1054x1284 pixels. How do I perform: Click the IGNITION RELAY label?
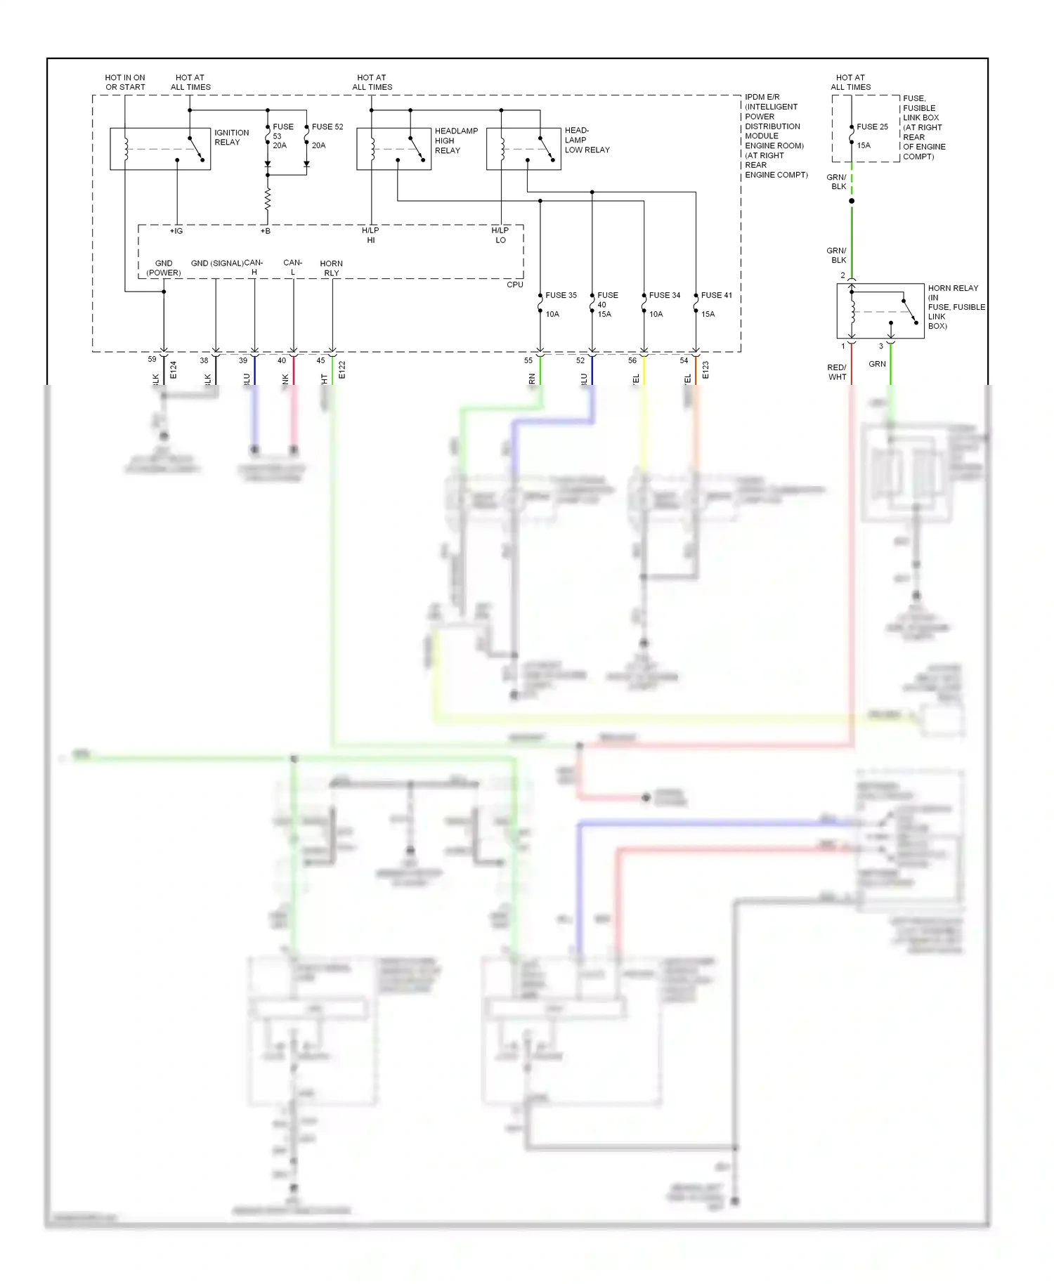[x=231, y=137]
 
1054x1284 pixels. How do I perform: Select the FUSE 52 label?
[x=327, y=127]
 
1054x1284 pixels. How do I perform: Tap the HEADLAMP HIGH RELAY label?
[x=455, y=140]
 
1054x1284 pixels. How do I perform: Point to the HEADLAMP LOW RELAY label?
[x=586, y=140]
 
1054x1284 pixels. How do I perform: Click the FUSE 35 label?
[x=561, y=295]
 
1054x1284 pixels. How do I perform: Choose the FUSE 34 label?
[x=664, y=295]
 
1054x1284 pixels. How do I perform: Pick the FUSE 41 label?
[x=716, y=295]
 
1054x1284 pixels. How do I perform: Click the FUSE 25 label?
[x=872, y=127]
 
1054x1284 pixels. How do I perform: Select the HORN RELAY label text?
[x=953, y=288]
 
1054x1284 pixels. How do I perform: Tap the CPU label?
[x=514, y=284]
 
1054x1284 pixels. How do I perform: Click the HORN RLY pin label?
[x=331, y=268]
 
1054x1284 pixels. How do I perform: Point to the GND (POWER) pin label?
[x=164, y=268]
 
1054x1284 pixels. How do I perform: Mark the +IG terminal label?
[x=176, y=231]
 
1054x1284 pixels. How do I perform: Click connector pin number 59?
[x=152, y=359]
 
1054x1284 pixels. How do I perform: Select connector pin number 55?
[x=528, y=360]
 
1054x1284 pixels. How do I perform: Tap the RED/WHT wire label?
[x=837, y=372]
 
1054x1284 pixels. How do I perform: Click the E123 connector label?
[x=705, y=370]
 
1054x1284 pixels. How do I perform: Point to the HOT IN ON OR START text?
[x=125, y=82]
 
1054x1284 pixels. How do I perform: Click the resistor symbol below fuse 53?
[x=267, y=199]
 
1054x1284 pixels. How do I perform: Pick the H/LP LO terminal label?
[x=500, y=235]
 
